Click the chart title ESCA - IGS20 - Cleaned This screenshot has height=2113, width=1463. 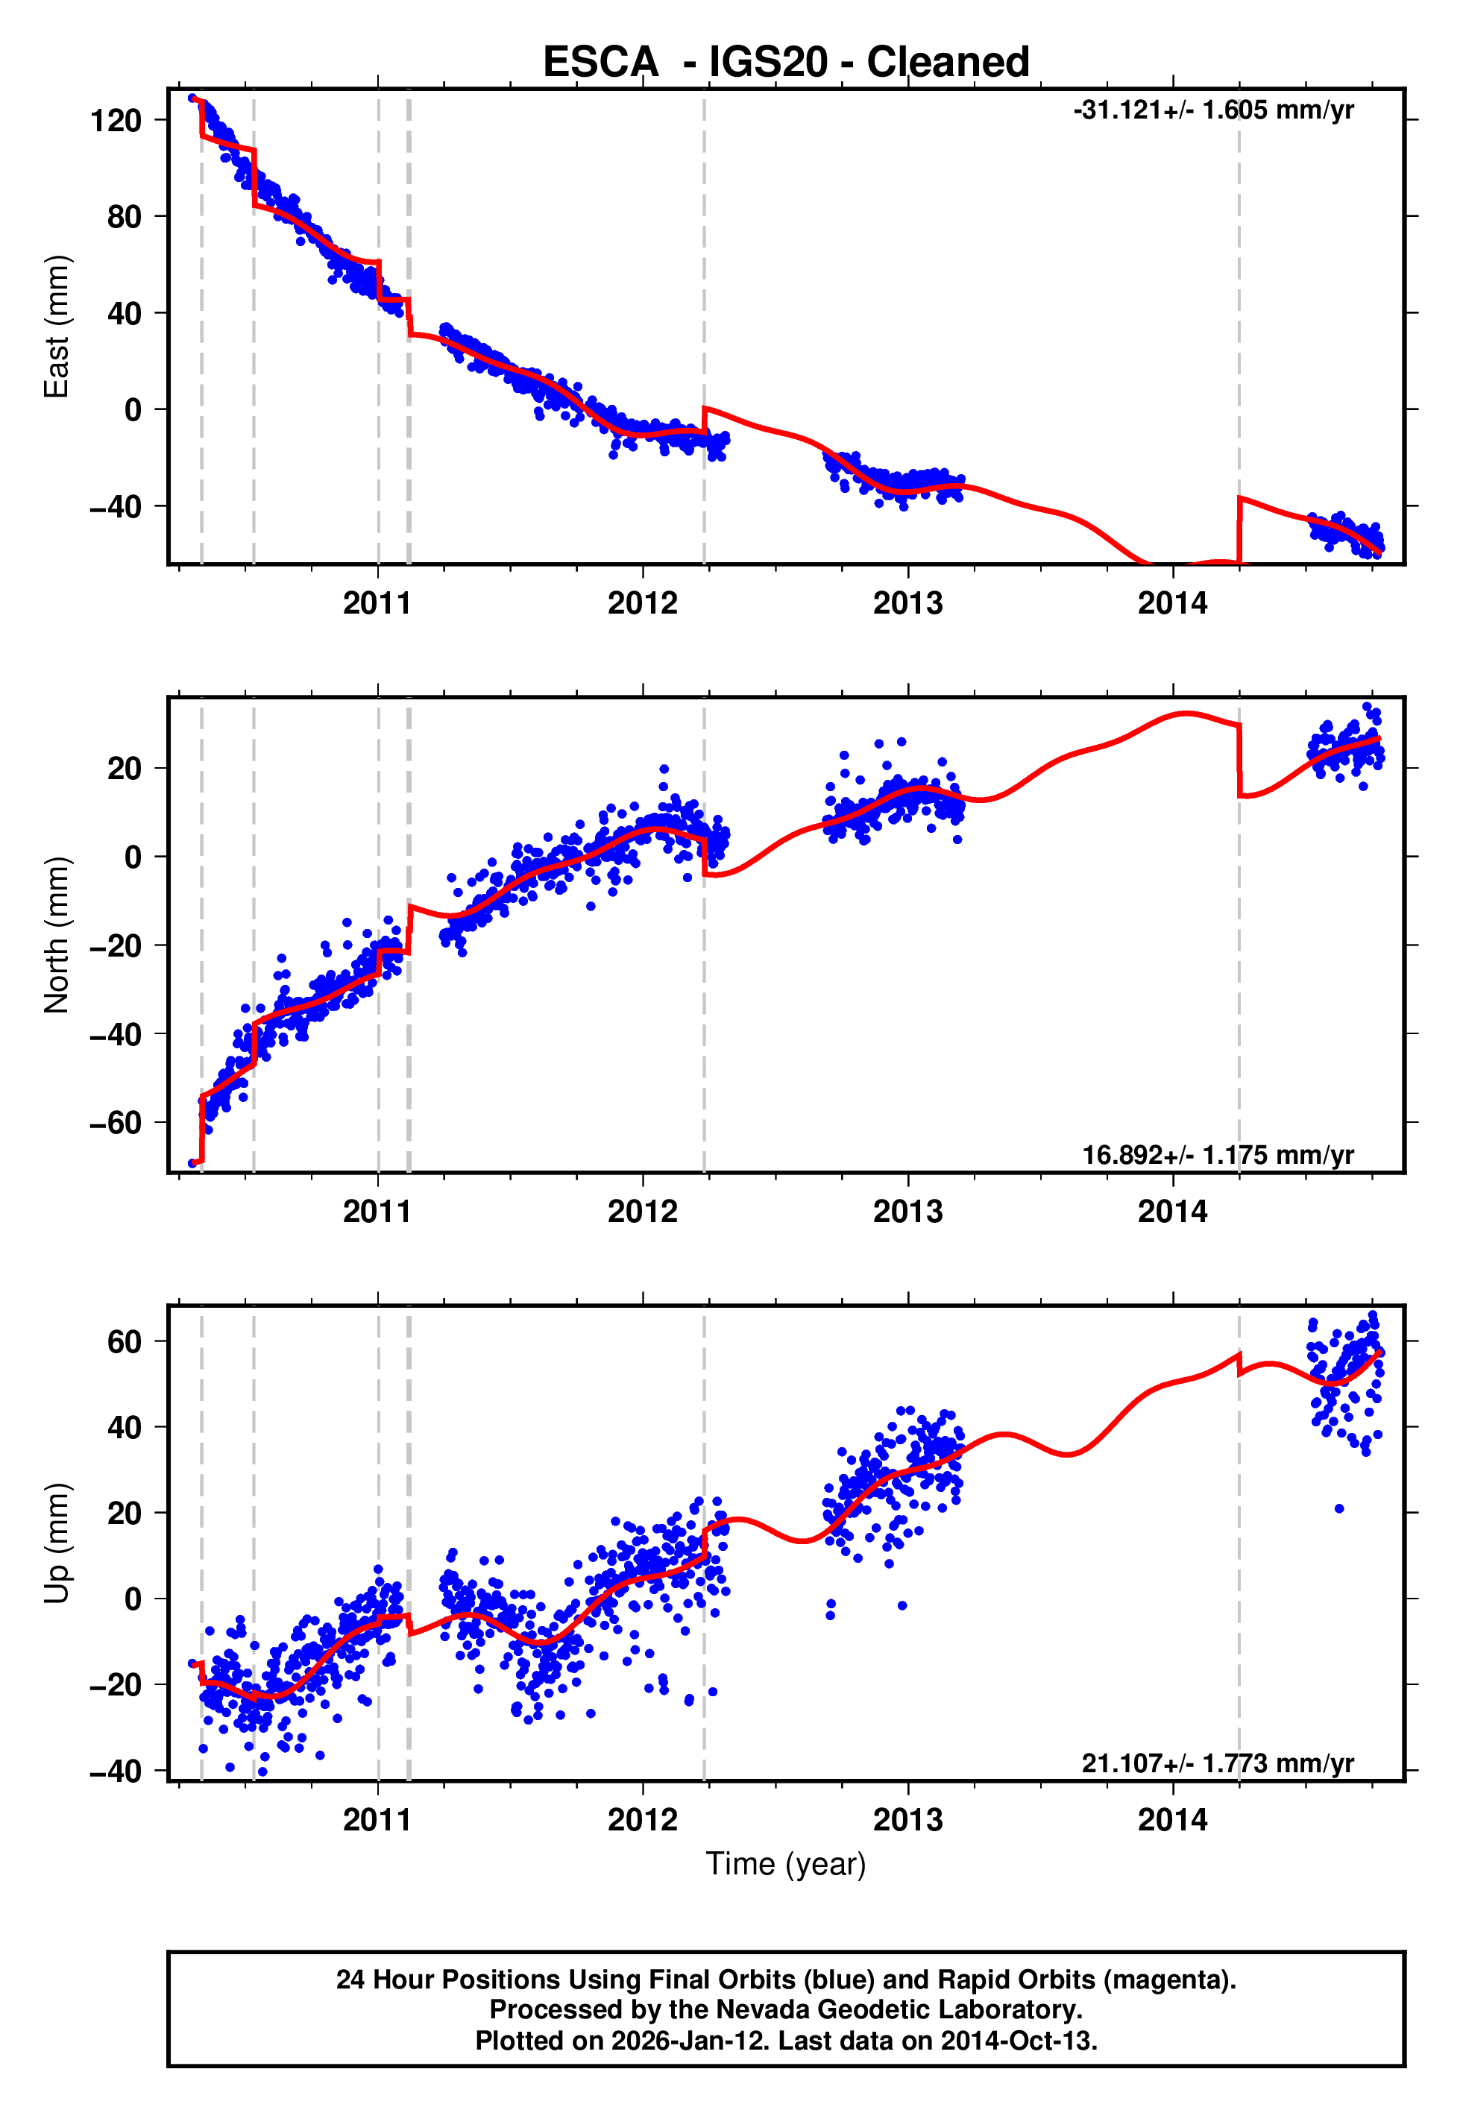(786, 63)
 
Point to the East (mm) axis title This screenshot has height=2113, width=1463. (57, 327)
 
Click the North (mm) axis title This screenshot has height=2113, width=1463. (57, 935)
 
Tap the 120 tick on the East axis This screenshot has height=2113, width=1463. (116, 120)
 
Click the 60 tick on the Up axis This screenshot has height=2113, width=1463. (125, 1341)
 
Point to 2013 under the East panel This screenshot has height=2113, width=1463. (907, 604)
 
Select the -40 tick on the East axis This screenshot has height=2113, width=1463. (116, 507)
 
